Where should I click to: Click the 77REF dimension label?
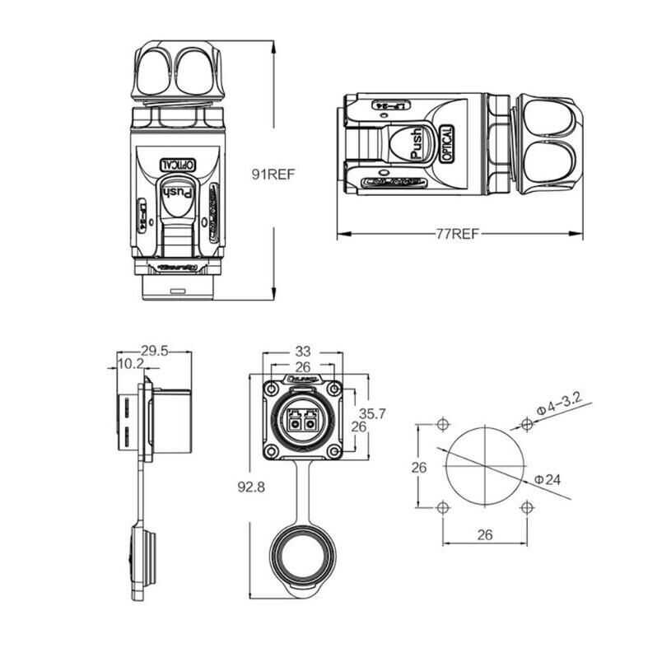tap(457, 234)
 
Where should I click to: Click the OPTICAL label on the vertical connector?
tap(175, 163)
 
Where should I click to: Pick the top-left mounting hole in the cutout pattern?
tap(443, 424)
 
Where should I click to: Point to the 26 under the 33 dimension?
tap(302, 366)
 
